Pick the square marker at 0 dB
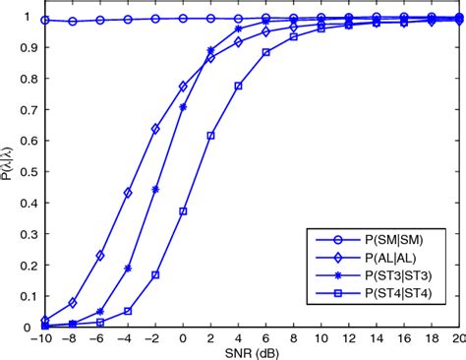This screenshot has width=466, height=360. tap(183, 211)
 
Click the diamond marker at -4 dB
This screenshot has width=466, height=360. tap(128, 193)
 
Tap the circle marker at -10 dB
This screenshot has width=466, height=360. tap(45, 20)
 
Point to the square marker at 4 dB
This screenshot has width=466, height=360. tap(238, 87)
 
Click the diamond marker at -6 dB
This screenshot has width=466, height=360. tap(100, 256)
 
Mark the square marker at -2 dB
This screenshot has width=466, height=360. tap(155, 275)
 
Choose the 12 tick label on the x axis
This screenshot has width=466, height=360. tap(348, 336)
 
